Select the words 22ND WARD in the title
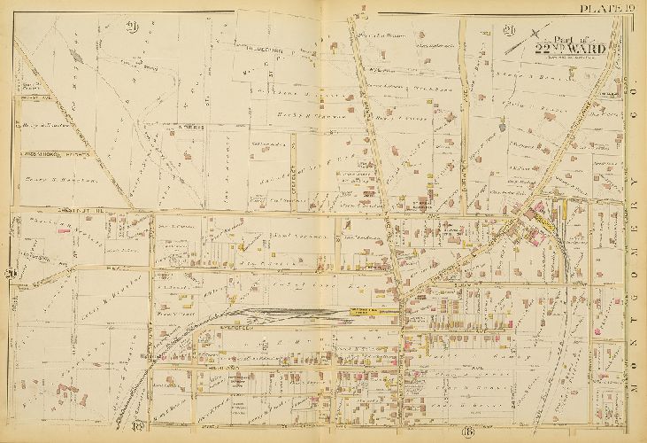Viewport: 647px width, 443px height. [569, 50]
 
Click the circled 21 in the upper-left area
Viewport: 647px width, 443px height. [134, 23]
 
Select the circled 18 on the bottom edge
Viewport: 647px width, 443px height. [142, 429]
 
